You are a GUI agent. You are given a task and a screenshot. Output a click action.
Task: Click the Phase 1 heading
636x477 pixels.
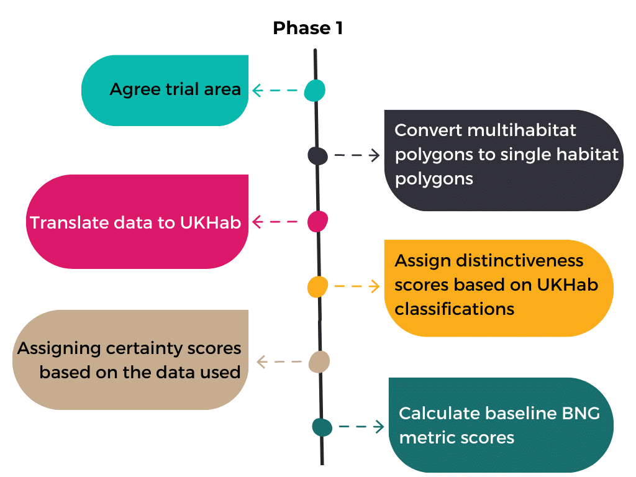(308, 28)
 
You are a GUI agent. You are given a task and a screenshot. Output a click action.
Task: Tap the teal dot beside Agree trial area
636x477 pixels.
(315, 91)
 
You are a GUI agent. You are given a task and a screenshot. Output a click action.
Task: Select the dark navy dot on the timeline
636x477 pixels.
(317, 156)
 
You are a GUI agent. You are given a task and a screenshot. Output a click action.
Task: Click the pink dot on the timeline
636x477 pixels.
(317, 222)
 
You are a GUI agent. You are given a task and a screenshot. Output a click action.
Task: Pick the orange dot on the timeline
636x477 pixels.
(317, 287)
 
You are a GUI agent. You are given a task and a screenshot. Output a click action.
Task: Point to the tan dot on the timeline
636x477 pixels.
(319, 362)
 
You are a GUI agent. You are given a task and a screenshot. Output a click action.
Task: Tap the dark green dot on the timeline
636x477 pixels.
(322, 427)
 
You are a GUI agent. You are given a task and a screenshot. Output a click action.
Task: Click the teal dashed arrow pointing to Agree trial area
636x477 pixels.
(275, 90)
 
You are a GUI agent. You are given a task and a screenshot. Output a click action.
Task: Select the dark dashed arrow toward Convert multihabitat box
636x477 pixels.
(357, 155)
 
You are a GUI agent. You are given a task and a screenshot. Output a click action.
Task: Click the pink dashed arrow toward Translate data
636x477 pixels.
(275, 222)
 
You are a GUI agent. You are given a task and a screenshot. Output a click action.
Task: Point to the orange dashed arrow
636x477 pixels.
(357, 286)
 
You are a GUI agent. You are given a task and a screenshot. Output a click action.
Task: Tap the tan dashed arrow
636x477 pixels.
(279, 361)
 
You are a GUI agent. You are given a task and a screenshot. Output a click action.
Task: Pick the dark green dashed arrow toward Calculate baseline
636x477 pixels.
(361, 426)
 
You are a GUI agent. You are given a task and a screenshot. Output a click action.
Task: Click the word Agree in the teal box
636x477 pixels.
(135, 90)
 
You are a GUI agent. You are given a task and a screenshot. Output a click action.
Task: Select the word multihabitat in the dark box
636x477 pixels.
(522, 130)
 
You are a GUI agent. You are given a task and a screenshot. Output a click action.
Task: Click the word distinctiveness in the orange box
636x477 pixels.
(520, 261)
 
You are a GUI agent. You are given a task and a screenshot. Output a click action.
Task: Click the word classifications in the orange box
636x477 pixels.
(454, 309)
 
